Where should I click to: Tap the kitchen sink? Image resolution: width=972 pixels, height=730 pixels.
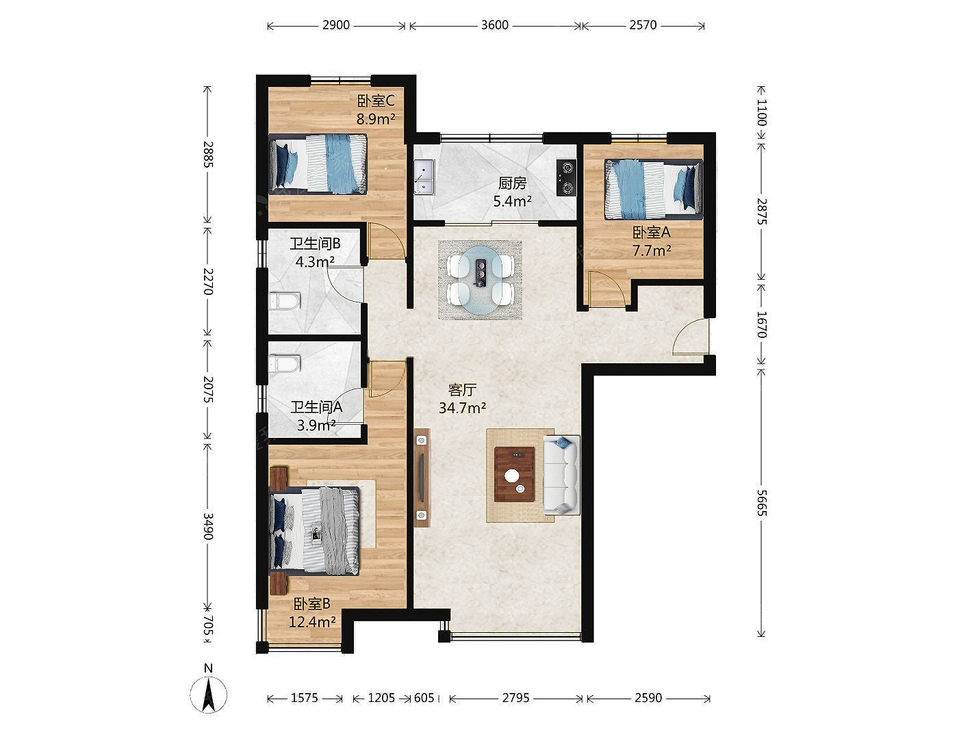(x=424, y=177)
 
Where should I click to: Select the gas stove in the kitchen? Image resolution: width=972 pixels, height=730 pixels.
(x=566, y=177)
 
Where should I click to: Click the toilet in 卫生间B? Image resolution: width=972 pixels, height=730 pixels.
(x=284, y=300)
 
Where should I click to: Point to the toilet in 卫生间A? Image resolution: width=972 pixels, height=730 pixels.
(x=284, y=364)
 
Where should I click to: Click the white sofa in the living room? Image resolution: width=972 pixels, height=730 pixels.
(x=561, y=475)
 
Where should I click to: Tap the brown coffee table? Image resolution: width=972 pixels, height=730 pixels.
(x=514, y=474)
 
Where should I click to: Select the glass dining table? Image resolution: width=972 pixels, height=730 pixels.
(x=480, y=280)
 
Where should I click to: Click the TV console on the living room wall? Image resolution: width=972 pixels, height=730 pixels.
(x=422, y=478)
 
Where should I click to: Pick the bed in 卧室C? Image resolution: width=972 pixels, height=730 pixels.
(x=318, y=164)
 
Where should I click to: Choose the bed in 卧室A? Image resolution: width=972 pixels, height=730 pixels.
(x=654, y=190)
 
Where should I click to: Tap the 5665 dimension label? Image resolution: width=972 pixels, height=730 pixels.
(x=760, y=503)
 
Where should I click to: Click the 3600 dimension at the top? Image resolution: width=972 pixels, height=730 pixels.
(x=495, y=25)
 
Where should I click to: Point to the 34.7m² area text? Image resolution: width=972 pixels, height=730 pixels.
(x=462, y=408)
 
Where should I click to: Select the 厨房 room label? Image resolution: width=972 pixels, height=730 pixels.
(x=512, y=183)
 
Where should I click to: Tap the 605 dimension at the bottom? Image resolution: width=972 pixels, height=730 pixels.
(x=424, y=698)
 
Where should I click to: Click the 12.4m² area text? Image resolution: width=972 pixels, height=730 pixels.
(x=312, y=622)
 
